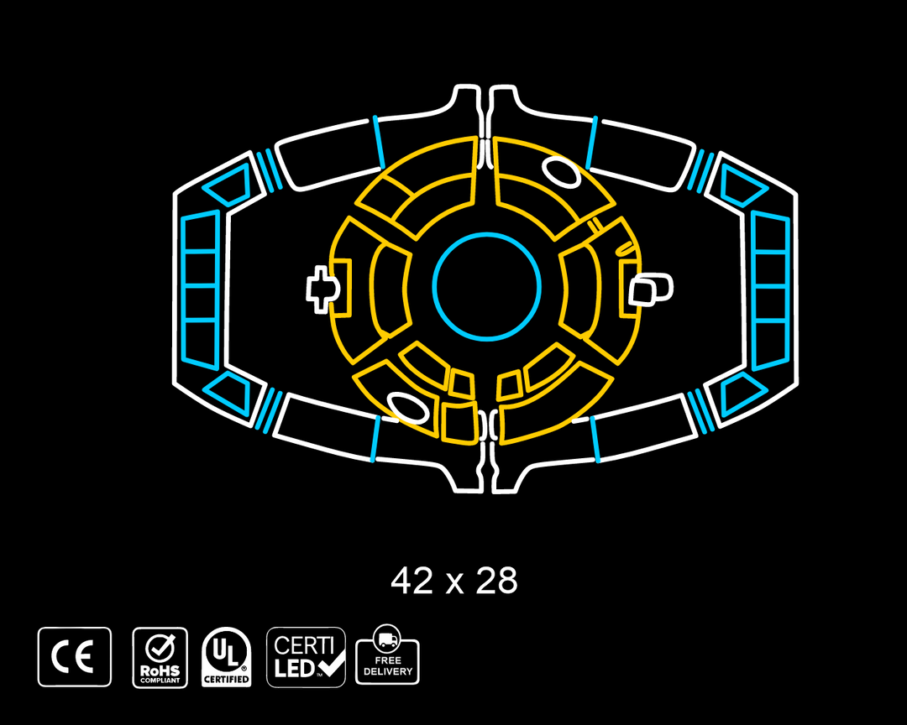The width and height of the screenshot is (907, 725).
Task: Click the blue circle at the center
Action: [x=487, y=234]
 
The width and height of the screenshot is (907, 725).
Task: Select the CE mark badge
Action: [x=75, y=657]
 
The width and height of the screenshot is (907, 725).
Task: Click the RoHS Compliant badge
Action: [x=160, y=657]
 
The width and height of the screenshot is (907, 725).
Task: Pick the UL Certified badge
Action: [x=226, y=657]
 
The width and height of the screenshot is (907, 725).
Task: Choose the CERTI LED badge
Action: [x=306, y=657]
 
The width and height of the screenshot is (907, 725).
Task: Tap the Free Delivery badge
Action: [x=387, y=655]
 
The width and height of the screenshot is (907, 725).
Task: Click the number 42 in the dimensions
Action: [x=412, y=581]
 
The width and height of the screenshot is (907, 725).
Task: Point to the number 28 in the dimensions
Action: [x=496, y=581]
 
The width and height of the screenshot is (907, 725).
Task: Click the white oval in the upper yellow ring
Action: [x=561, y=170]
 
